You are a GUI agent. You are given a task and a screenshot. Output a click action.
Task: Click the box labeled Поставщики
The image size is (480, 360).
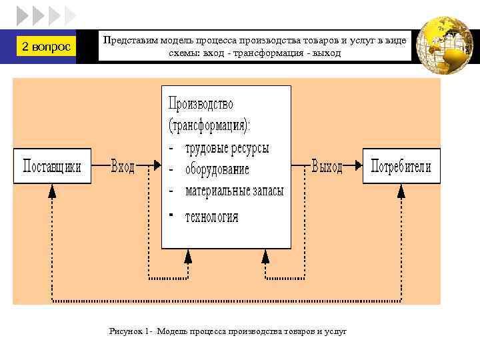tap(52, 165)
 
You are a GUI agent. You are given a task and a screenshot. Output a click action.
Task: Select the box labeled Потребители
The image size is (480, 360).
tap(401, 165)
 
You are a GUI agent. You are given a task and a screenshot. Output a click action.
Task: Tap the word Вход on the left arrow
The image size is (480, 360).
tap(123, 166)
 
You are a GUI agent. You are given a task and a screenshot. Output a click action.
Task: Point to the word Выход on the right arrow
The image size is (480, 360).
tap(327, 166)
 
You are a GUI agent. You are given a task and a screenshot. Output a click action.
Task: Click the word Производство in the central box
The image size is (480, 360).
tap(201, 104)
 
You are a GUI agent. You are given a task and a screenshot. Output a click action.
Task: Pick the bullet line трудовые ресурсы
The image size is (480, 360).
tap(227, 147)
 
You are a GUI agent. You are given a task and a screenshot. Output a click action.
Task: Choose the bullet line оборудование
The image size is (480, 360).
tap(217, 169)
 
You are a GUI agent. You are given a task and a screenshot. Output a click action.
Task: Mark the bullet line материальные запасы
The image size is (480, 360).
tap(234, 191)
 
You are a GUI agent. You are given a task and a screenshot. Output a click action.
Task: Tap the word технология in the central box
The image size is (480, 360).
tap(211, 216)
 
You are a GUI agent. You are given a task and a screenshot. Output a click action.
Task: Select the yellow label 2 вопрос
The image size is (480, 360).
tap(45, 47)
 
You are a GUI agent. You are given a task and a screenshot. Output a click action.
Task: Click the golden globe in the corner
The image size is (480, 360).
tap(443, 45)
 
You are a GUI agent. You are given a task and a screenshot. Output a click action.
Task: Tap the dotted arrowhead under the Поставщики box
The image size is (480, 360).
tap(53, 191)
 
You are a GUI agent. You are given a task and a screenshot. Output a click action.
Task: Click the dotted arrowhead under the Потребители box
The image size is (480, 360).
tap(401, 191)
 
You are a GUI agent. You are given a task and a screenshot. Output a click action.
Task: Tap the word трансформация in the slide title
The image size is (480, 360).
tap(255, 53)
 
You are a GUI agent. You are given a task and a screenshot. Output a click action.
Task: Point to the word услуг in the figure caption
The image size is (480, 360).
tap(336, 331)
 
